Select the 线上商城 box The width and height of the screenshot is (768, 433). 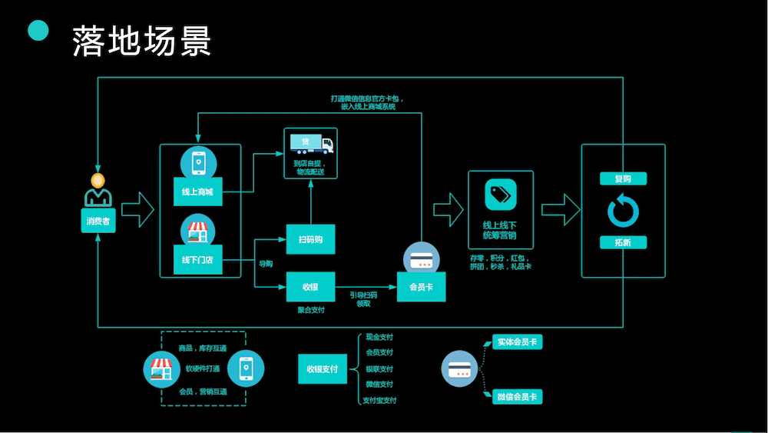click(x=197, y=192)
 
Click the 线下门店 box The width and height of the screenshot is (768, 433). click(x=197, y=260)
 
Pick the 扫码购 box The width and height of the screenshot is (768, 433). click(x=310, y=239)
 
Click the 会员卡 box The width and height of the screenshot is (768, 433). click(x=422, y=287)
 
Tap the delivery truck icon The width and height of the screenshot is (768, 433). click(x=311, y=144)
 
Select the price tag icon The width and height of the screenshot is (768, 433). click(x=500, y=194)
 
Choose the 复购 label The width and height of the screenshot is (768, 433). click(x=623, y=179)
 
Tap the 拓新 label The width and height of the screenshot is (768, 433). click(x=623, y=243)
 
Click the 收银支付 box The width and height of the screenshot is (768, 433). click(x=323, y=369)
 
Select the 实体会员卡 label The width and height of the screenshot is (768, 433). click(x=516, y=341)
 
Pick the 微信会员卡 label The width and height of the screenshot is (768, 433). click(x=516, y=397)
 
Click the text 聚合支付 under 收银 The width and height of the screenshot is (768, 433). click(x=311, y=310)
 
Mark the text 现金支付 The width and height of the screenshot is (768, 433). click(x=379, y=337)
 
